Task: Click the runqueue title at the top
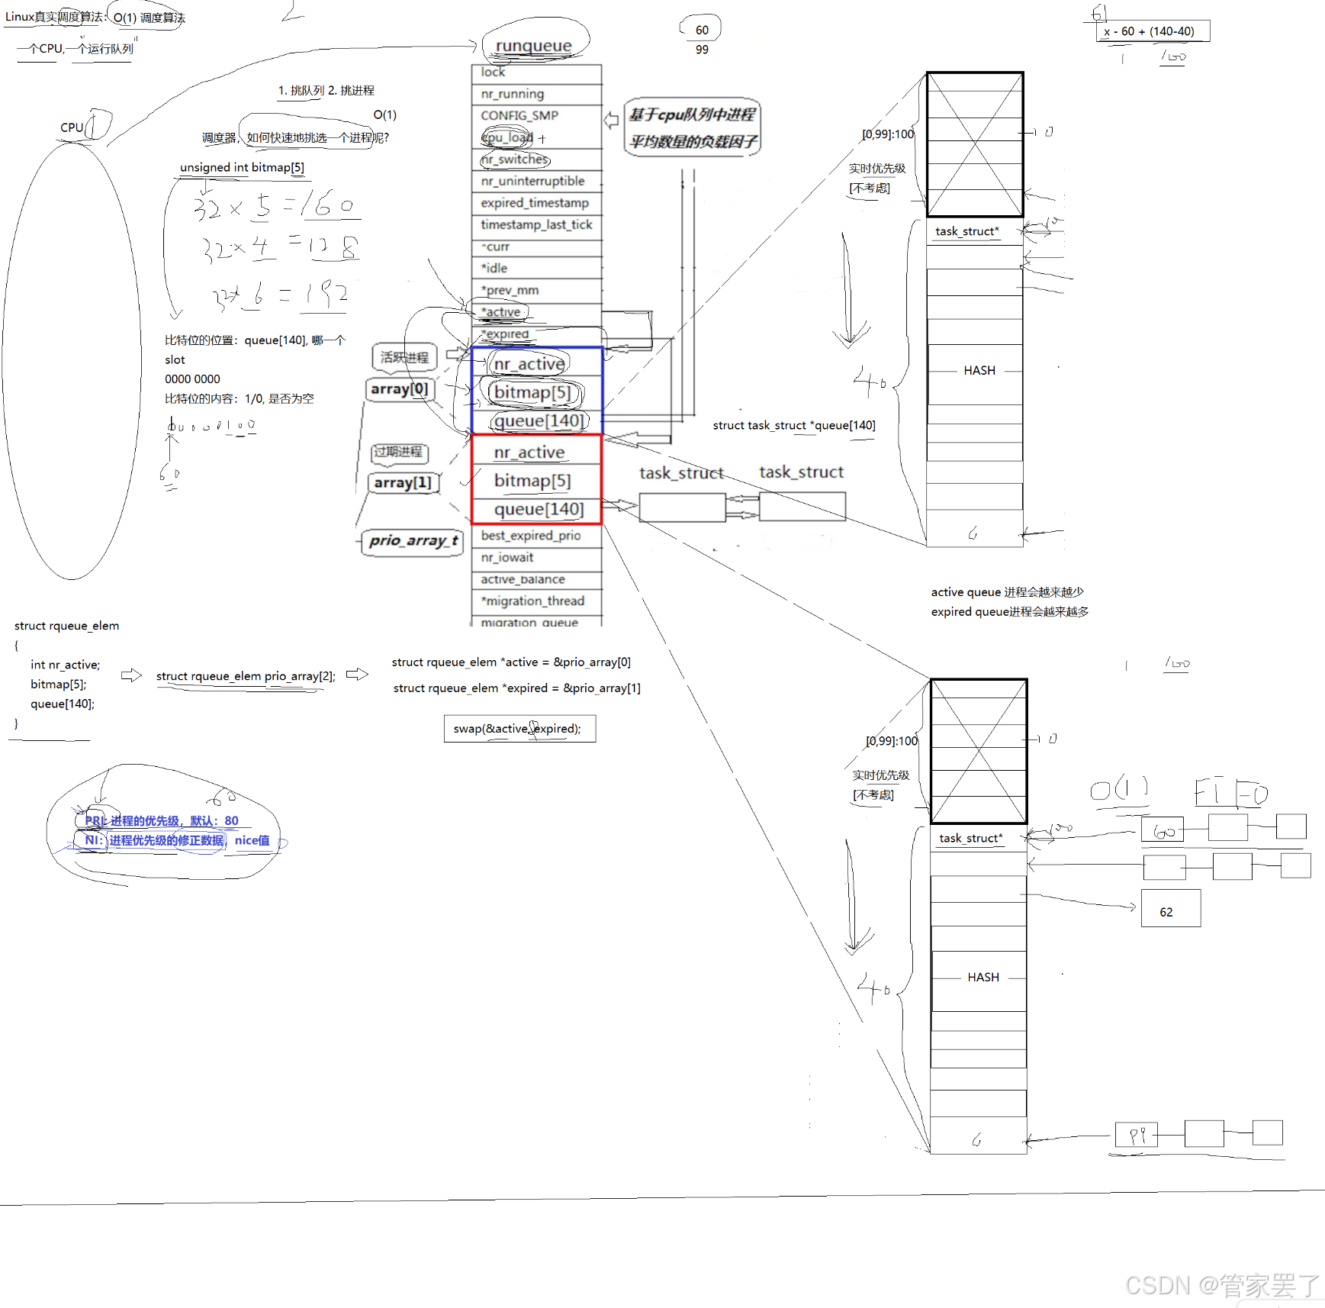point(533,46)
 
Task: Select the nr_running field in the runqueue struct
point(513,94)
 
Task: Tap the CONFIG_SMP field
point(519,115)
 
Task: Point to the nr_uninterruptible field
point(532,181)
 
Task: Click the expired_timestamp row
point(535,203)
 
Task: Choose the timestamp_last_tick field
point(536,224)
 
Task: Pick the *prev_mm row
point(510,290)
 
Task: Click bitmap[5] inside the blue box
point(532,392)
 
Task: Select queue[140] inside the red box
point(539,509)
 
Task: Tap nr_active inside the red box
point(529,453)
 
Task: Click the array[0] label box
point(400,389)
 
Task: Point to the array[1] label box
point(403,482)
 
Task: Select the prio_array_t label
point(413,541)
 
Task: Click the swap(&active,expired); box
point(519,729)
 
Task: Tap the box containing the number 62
point(1170,909)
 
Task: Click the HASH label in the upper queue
point(979,371)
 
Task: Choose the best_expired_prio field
point(531,536)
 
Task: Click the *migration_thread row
point(532,601)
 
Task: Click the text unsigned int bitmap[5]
point(242,168)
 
